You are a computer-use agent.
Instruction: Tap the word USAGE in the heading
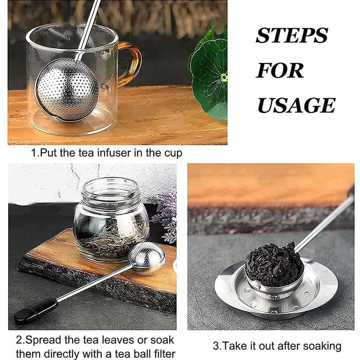tap(296, 105)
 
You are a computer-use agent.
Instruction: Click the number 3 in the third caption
tap(215, 346)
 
